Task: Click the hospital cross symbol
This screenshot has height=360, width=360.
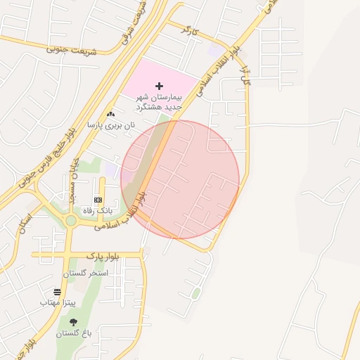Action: [x=160, y=86]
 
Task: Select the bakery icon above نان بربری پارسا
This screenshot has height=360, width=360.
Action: [x=110, y=114]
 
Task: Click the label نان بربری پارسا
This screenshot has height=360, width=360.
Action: [x=110, y=124]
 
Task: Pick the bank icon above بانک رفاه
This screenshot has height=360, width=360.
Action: [x=97, y=200]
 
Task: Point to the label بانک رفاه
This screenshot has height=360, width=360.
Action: [x=98, y=210]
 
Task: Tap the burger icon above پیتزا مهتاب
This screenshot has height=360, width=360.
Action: [x=57, y=292]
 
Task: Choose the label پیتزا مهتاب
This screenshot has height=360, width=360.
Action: [x=57, y=302]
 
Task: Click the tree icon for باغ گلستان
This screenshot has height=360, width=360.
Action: [x=73, y=322]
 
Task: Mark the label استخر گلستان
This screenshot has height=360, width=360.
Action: [x=84, y=273]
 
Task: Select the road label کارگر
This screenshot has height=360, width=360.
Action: [x=186, y=30]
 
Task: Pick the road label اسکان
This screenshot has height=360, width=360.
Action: [x=26, y=224]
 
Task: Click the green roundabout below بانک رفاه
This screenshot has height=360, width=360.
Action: [x=70, y=221]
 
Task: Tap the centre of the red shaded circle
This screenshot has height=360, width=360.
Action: [x=180, y=179]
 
